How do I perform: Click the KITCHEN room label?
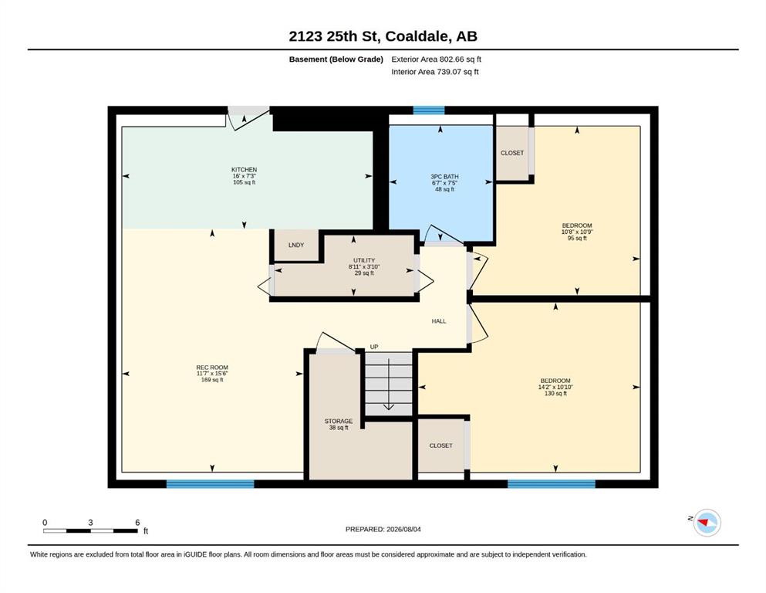point(244,170)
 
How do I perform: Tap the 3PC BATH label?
point(444,177)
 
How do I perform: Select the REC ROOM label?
point(212,367)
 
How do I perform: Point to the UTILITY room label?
point(364,260)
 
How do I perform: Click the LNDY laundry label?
point(296,245)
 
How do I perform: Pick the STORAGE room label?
point(339,421)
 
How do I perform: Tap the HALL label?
point(439,321)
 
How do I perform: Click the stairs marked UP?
point(388,383)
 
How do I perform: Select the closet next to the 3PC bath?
point(512,153)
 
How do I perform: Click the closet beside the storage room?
point(440,446)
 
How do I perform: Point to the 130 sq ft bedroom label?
point(555,387)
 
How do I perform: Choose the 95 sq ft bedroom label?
point(577,232)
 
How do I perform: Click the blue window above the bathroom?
point(429,110)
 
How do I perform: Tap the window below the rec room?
point(210,484)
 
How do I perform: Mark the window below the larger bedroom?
point(552,484)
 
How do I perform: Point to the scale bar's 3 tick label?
point(90,522)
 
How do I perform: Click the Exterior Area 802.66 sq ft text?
point(437,59)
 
